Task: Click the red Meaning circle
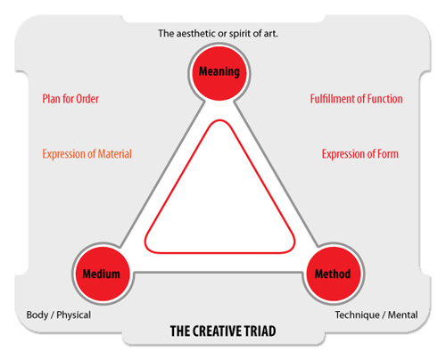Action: (219, 73)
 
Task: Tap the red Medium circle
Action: (103, 274)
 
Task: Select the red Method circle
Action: (334, 274)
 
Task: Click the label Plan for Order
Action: (70, 99)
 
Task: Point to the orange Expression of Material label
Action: (87, 154)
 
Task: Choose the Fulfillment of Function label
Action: (357, 99)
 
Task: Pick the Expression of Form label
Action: (360, 154)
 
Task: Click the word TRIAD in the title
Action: (260, 331)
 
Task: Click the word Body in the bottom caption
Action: (37, 315)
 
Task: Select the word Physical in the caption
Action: (74, 315)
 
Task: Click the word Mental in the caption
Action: (403, 315)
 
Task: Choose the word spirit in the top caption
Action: (239, 34)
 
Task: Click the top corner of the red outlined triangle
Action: (219, 120)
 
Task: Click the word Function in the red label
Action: (384, 99)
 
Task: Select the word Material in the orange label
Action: (115, 154)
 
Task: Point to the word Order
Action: (87, 99)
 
